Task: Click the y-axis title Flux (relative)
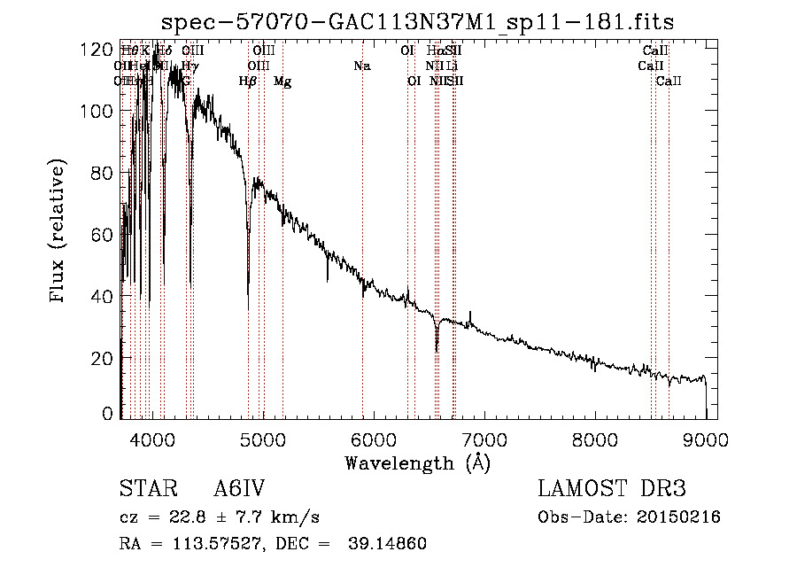click(x=58, y=232)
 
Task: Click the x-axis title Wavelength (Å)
click(x=417, y=462)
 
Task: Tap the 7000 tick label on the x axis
click(x=484, y=439)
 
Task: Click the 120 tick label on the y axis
click(x=97, y=50)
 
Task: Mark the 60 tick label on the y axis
click(x=102, y=235)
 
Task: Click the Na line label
click(x=361, y=66)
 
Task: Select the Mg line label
click(x=282, y=82)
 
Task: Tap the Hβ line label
click(x=248, y=82)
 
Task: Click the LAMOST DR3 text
click(x=611, y=489)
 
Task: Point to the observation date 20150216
click(x=677, y=517)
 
